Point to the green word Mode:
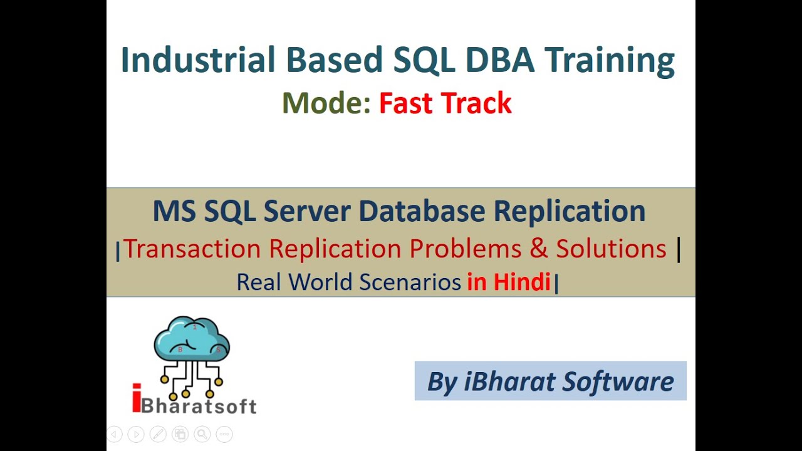point(326,103)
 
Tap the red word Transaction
point(192,249)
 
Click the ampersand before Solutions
point(538,249)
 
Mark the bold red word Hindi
point(522,283)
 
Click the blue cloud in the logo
point(192,338)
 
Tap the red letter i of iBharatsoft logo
point(137,398)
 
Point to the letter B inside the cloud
point(180,350)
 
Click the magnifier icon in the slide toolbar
point(202,433)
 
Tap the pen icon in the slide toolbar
point(158,433)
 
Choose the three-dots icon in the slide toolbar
point(224,433)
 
